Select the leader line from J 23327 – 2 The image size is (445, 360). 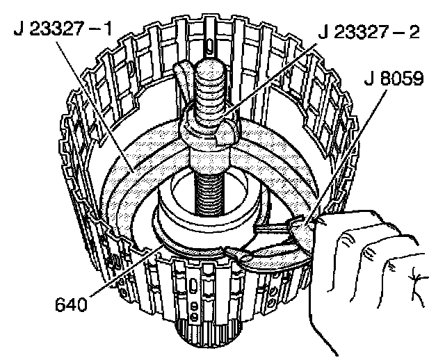coord(264,76)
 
